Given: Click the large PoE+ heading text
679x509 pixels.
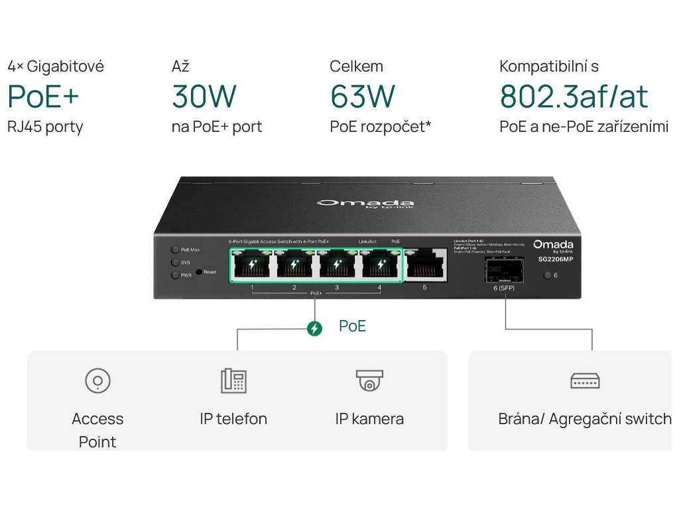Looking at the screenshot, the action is coord(43,97).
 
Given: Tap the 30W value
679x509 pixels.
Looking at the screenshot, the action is coord(204,97).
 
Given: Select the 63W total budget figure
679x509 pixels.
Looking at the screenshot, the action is coord(362,97).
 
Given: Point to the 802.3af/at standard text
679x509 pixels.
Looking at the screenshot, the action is coord(574,97).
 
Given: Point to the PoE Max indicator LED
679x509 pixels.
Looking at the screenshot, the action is coord(175,251).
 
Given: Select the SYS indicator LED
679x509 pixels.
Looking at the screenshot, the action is coord(175,262).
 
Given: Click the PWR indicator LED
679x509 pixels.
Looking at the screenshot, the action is coord(175,274).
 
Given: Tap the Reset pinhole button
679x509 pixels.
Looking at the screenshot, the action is coord(198,272).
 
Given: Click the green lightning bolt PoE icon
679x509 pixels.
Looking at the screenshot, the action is coord(314,328).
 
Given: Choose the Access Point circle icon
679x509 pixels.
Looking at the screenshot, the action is coord(97,381).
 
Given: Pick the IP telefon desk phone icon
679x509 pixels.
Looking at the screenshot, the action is coord(233,380).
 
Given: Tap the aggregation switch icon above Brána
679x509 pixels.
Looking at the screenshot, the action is coord(585,380).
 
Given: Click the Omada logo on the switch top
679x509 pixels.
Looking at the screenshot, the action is coord(365,203).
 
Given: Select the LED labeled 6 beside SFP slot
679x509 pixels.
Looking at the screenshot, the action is coord(548,275).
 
